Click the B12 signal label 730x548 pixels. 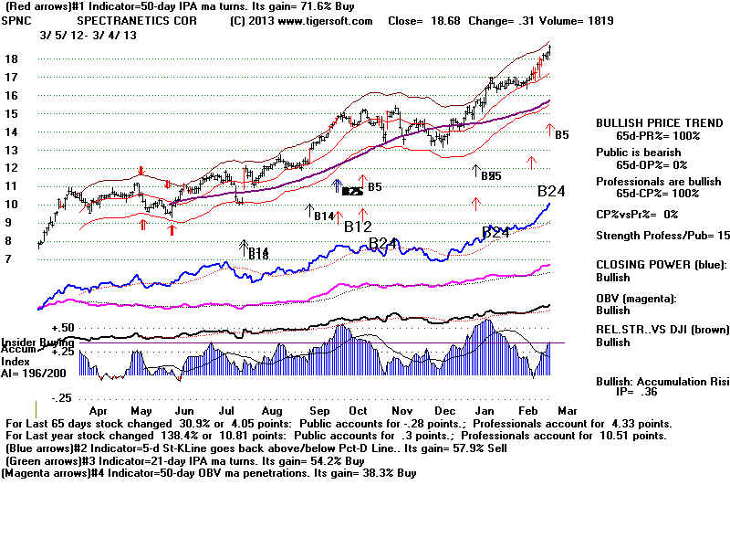point(359,226)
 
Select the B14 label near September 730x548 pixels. point(323,216)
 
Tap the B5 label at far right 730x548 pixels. point(562,135)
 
